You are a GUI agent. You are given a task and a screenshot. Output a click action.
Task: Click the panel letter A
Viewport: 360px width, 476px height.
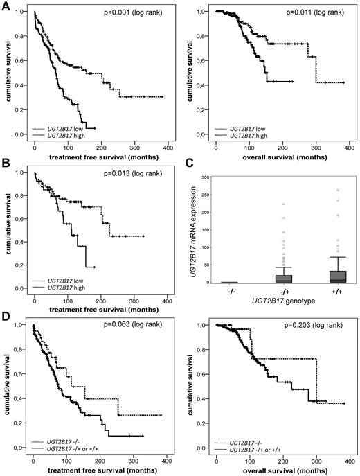point(6,6)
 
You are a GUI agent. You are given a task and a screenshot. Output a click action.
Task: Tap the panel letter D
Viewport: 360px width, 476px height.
point(6,317)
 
